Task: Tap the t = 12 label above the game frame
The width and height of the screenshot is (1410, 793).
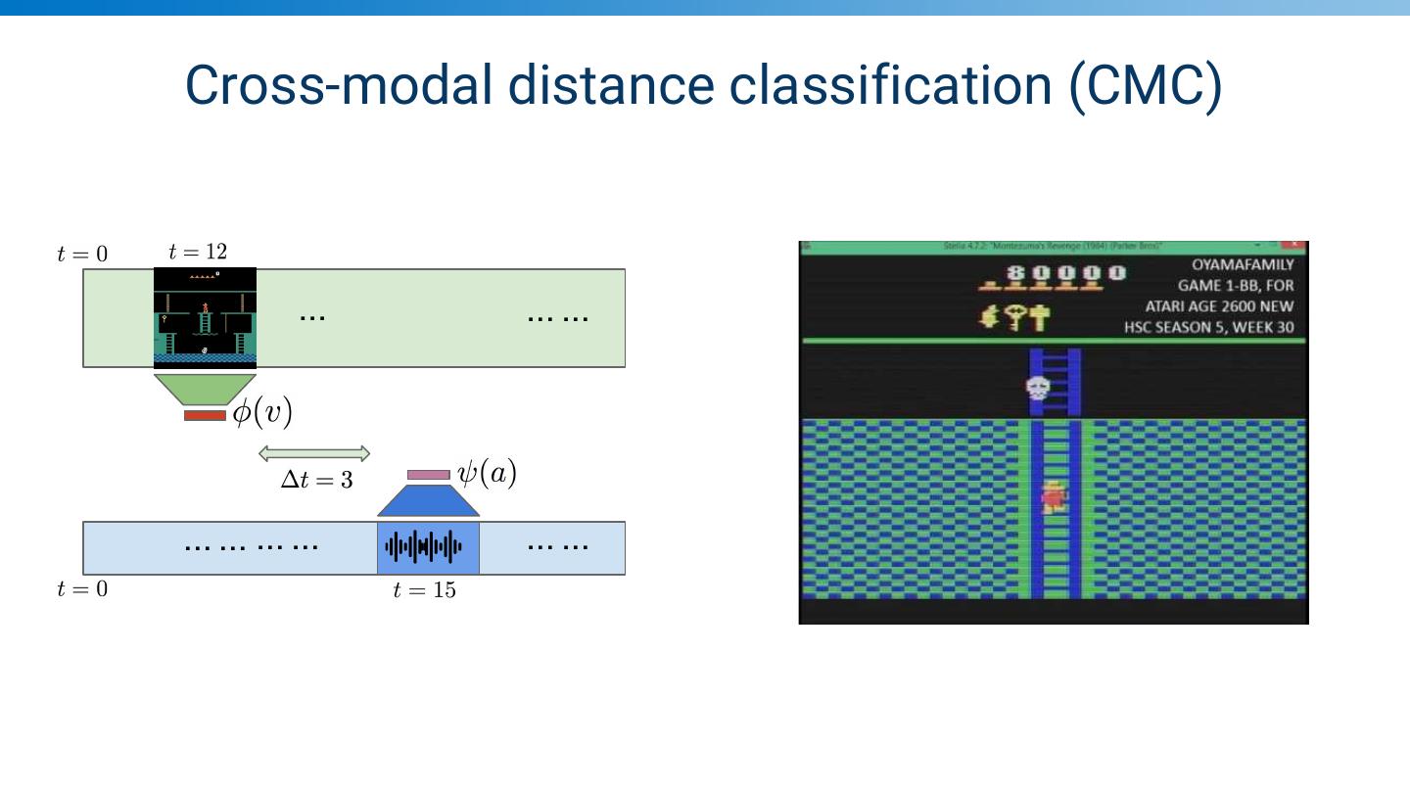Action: coord(198,252)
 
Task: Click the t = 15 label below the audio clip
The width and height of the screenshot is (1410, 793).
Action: coord(424,589)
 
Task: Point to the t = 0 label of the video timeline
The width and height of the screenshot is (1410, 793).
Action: coord(82,255)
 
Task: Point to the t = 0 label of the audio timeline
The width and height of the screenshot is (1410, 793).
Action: coord(82,588)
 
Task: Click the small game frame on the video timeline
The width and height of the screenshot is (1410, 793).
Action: coord(205,317)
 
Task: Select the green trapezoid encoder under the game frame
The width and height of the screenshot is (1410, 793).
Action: coord(205,389)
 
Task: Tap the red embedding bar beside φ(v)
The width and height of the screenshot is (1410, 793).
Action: coord(205,416)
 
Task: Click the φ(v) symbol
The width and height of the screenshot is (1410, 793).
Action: coord(261,412)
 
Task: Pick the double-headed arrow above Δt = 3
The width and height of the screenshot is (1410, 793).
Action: coord(314,453)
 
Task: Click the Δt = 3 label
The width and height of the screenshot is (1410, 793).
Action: coord(316,480)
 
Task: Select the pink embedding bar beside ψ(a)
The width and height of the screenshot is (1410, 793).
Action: coord(428,475)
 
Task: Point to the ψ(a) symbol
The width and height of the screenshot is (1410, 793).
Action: coord(487,474)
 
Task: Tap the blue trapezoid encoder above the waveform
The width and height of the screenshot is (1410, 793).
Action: coord(428,501)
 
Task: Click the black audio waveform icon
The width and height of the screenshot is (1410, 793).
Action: coord(424,547)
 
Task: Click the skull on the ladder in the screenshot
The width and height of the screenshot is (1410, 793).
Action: coord(1038,388)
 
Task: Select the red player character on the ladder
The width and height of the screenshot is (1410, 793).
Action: coord(1054,497)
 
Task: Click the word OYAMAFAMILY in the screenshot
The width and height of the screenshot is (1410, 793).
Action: coord(1243,264)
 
